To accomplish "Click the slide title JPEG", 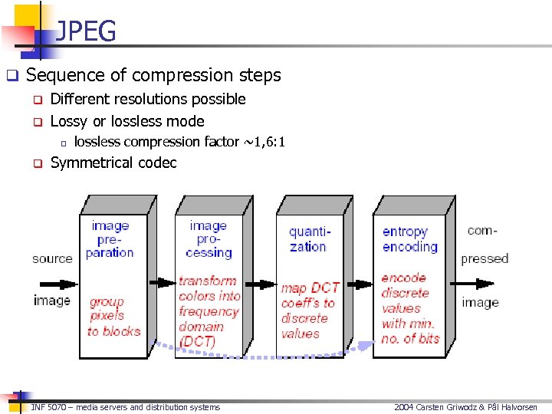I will (x=86, y=31).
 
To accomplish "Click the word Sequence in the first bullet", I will (x=61, y=75).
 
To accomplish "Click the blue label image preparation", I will (x=110, y=238).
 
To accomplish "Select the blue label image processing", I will (x=209, y=238).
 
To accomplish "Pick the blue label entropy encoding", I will (x=409, y=238).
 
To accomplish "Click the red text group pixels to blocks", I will (x=113, y=317).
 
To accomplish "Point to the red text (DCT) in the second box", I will (x=197, y=342).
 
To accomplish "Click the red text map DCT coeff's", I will (x=308, y=295).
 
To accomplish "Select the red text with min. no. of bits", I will (x=410, y=330).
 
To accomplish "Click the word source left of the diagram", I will (x=52, y=258).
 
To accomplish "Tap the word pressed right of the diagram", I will (x=485, y=258).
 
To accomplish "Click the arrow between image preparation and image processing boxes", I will (x=161, y=282).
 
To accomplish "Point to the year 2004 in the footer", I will (x=404, y=407).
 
